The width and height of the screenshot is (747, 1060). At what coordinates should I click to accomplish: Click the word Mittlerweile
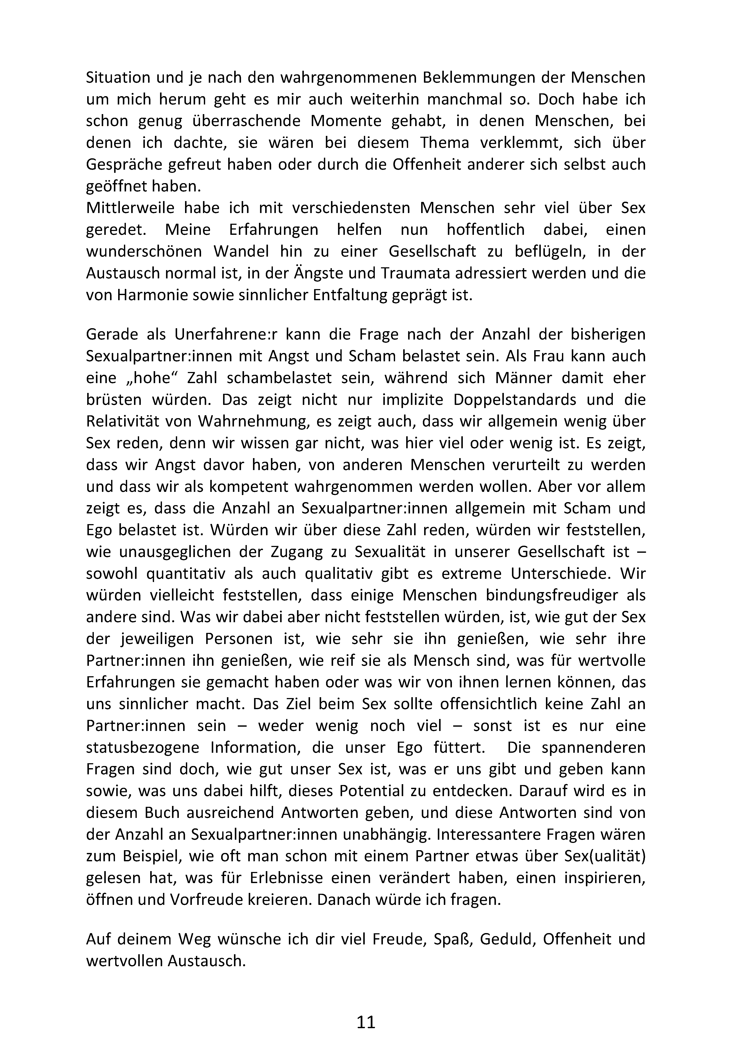[x=130, y=208]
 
